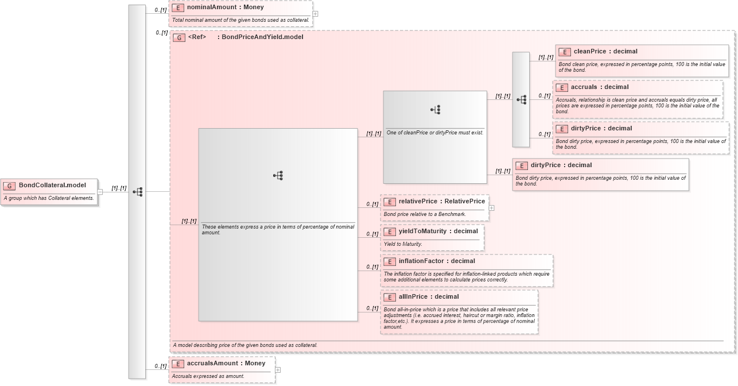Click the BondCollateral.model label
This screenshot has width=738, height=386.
coord(52,185)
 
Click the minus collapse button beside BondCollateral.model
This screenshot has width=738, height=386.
coord(100,192)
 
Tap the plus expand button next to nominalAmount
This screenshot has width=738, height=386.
coord(315,14)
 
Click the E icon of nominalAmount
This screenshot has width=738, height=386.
coord(178,7)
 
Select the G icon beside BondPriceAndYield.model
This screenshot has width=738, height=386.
coord(179,37)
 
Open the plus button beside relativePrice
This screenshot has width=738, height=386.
coord(491,208)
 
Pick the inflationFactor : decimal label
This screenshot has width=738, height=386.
coord(437,261)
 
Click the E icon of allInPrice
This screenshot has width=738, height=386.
coord(390,297)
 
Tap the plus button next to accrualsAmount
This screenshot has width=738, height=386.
coord(278,370)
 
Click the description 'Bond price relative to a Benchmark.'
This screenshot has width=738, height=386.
coord(425,214)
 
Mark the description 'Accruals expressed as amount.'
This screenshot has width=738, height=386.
coord(208,376)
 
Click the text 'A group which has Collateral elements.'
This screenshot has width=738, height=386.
coord(49,198)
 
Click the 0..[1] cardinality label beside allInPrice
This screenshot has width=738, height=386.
coord(372,308)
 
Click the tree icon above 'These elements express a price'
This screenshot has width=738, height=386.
coord(278,176)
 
